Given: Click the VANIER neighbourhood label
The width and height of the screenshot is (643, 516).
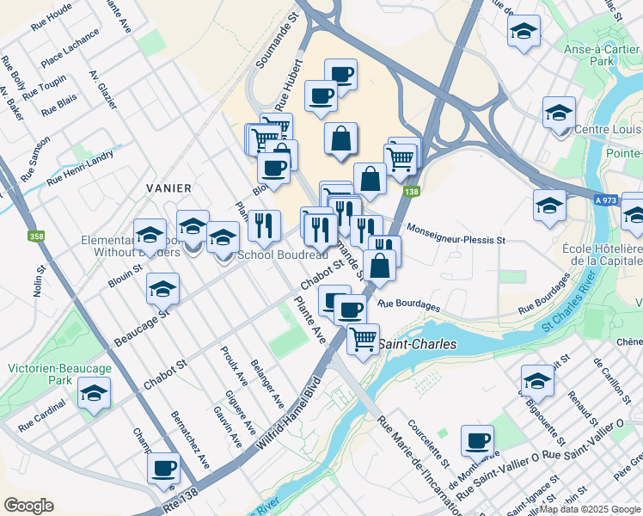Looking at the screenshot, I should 168,187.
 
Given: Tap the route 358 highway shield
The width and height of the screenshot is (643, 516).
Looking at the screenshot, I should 36,235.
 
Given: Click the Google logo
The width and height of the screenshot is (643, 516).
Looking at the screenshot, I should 28,506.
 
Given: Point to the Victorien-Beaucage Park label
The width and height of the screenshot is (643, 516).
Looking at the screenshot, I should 59,374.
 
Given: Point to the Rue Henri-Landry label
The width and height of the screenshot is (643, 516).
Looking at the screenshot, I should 80,169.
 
